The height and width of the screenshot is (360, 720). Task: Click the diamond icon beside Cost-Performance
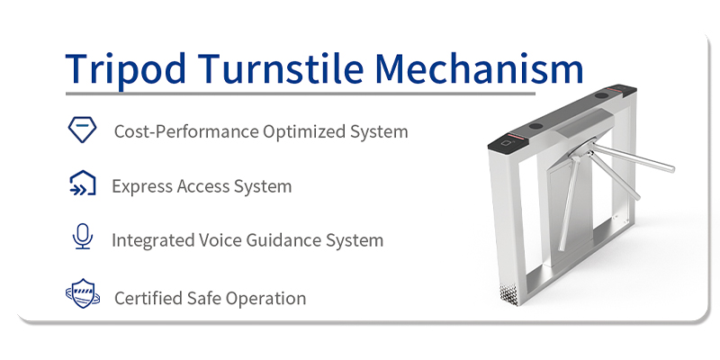(82, 130)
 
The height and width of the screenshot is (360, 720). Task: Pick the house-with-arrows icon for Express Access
(82, 184)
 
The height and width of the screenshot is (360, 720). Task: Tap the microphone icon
(82, 238)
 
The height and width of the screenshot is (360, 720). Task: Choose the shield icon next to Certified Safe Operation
(81, 295)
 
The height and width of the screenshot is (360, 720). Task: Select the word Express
(139, 186)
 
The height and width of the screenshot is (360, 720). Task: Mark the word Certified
(148, 298)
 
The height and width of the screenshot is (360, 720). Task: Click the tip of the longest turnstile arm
(671, 168)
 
